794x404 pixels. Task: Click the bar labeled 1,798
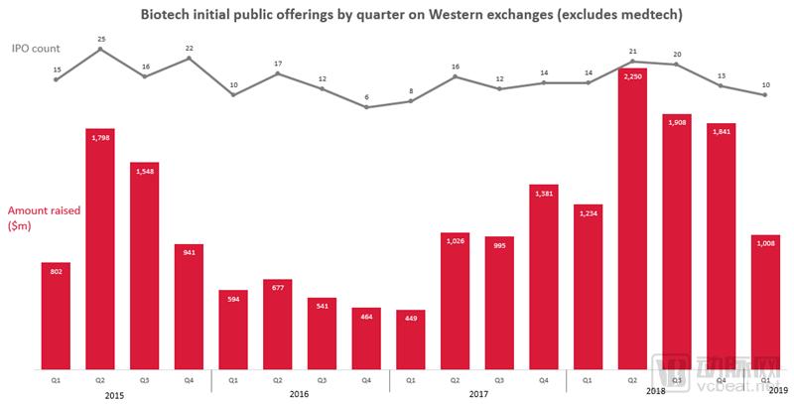[x=100, y=248]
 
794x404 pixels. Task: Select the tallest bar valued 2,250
[x=633, y=218]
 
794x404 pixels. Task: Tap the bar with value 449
[x=410, y=340]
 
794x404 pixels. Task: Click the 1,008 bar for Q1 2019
[x=765, y=303]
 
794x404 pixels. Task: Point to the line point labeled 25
[x=100, y=50]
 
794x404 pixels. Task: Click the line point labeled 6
[x=366, y=106]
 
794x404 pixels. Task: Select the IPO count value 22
[x=189, y=48]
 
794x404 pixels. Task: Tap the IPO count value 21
[x=633, y=50]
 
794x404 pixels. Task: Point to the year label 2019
[x=777, y=391]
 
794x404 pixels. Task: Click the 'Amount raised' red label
[x=42, y=210]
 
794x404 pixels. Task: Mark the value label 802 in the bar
[x=56, y=269]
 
